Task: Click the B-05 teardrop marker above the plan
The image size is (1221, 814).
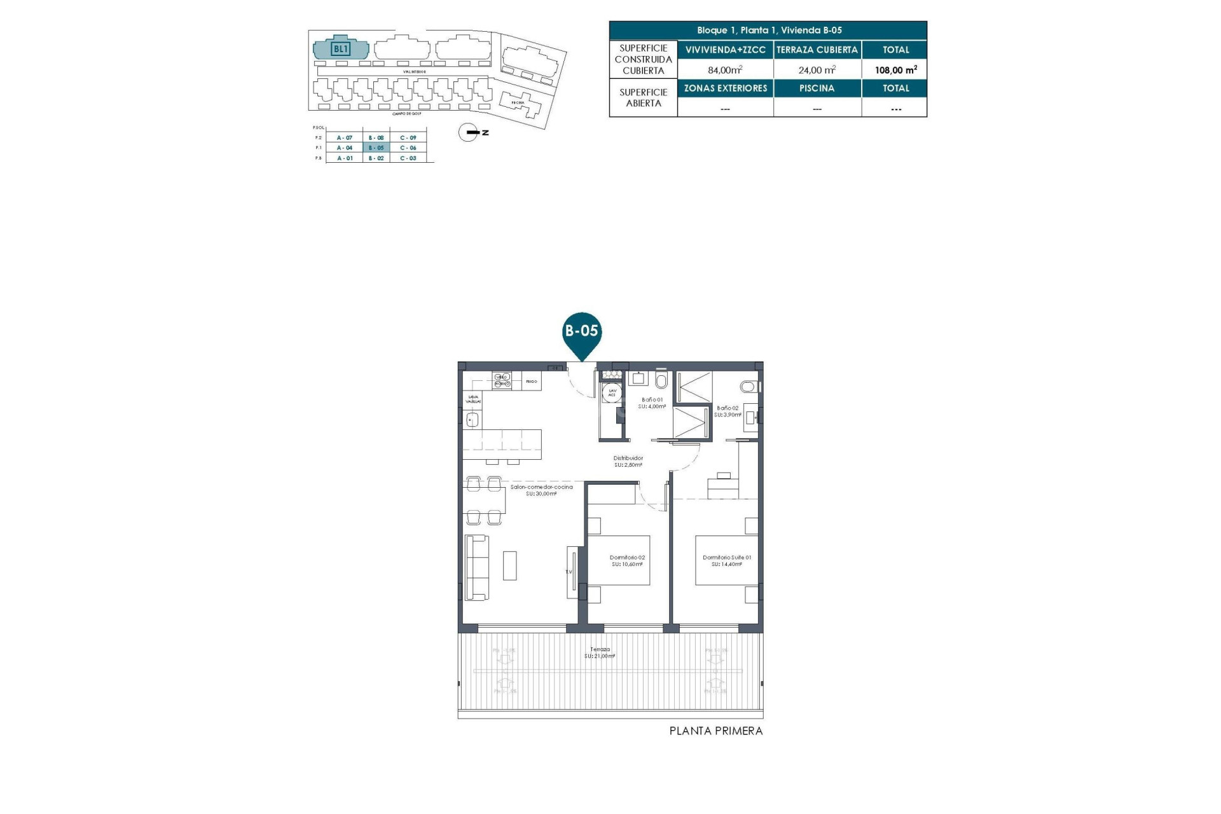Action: coord(582,332)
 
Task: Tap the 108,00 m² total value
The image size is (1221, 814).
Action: coord(895,70)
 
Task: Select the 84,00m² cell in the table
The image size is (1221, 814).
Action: coord(725,70)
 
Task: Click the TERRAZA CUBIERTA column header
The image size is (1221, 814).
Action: coord(817,50)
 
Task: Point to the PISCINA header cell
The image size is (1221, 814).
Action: coord(817,88)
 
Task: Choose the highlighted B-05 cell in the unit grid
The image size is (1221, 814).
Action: coord(376,148)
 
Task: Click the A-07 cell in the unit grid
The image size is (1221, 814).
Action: coord(345,137)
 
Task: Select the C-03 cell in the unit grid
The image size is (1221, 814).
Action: coord(408,158)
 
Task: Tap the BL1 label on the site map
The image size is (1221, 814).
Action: coord(341,48)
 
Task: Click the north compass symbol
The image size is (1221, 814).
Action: coord(469,132)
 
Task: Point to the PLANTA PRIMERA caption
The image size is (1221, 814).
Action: coord(715,731)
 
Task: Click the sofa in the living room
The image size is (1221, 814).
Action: coord(477,567)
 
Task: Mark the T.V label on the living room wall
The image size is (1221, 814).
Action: coord(569,572)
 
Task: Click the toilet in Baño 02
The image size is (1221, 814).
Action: coord(749,386)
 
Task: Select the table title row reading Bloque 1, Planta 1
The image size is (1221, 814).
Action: coord(768,31)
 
